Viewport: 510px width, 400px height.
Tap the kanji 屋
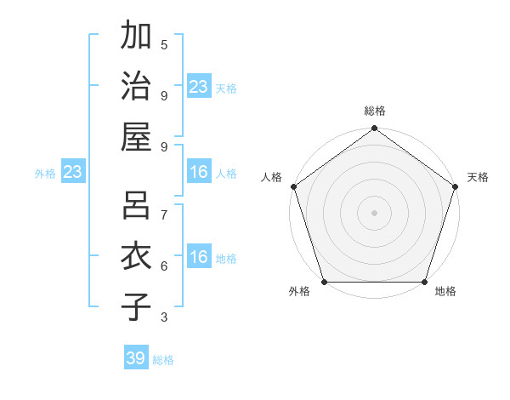tap(136, 135)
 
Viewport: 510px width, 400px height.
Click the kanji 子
tap(136, 306)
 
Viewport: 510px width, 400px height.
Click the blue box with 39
tap(136, 358)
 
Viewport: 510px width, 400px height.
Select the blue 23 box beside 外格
tap(73, 173)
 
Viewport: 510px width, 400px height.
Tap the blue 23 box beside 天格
tap(199, 87)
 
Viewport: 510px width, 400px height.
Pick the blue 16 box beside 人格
tap(199, 173)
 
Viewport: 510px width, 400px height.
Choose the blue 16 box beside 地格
tap(199, 258)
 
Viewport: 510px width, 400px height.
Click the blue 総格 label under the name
tap(163, 360)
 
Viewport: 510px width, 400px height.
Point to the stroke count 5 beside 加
tap(164, 44)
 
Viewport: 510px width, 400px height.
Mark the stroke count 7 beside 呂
tap(164, 214)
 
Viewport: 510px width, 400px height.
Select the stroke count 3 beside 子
tap(164, 317)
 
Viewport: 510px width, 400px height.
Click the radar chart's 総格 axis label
tap(374, 111)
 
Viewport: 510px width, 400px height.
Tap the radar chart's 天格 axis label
tap(478, 177)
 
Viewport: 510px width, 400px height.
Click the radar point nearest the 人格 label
tap(293, 186)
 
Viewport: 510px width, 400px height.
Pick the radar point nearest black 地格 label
tap(424, 282)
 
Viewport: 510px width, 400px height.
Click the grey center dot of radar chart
tap(374, 212)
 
